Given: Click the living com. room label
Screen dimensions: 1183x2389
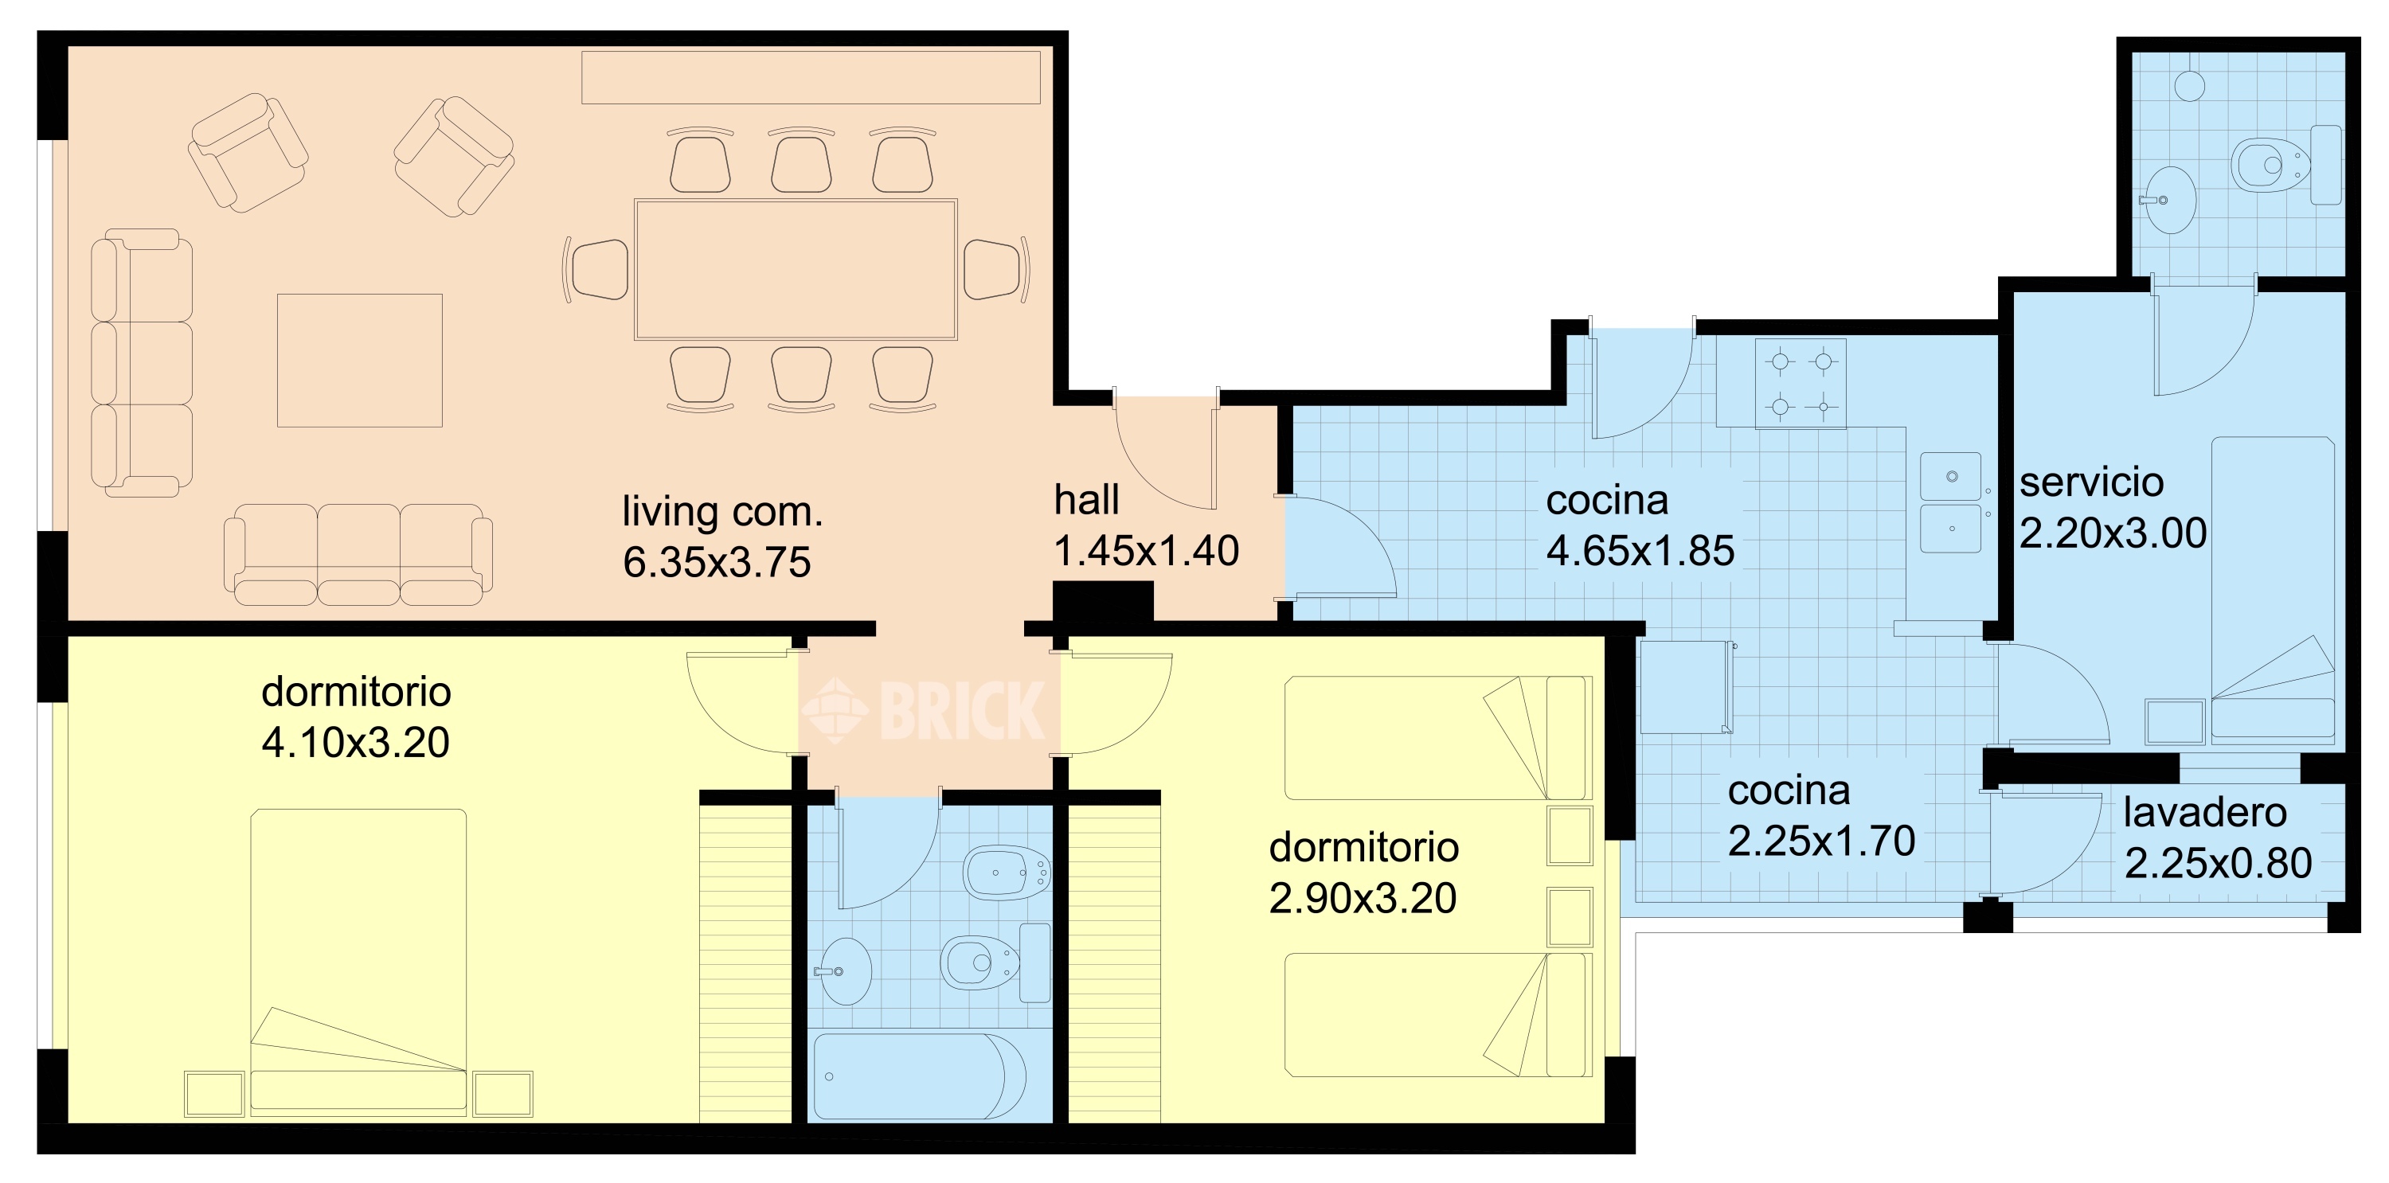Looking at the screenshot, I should pos(721,511).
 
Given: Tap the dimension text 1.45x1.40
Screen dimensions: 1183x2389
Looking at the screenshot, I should pos(1146,551).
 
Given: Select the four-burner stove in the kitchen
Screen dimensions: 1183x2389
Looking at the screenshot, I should pos(1800,383).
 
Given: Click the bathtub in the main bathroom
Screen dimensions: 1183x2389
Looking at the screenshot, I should pos(919,1076).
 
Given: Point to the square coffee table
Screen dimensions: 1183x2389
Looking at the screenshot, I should pos(360,361).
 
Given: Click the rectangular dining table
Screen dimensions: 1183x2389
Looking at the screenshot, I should pos(795,270).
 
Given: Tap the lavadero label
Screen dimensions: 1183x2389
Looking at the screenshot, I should pos(2204,813).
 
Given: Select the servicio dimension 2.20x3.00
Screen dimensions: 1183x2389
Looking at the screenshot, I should pos(2113,533).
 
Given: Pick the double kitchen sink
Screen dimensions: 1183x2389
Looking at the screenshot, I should pos(1950,502).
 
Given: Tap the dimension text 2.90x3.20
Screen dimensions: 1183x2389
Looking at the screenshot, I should pos(1363,898).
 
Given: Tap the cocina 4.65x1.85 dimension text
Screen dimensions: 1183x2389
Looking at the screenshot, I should pos(1640,552).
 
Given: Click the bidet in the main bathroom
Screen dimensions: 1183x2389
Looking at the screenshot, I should pos(1007,873).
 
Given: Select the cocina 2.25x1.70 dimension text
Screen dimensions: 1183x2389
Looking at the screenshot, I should pos(1821,841).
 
